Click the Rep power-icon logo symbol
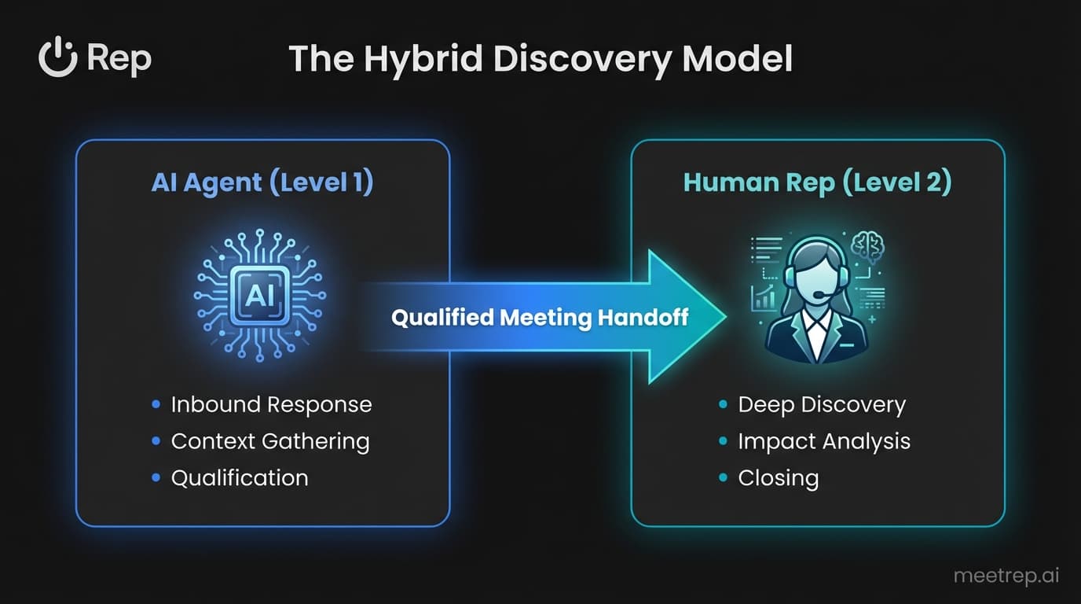tap(57, 59)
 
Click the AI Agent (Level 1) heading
tap(262, 182)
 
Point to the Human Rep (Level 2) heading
tap(817, 182)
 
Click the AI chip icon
tap(260, 295)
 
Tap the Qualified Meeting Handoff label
tap(539, 317)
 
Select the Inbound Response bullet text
tap(271, 404)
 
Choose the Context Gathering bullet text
tap(269, 441)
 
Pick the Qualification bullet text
tap(240, 477)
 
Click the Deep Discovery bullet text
tap(822, 404)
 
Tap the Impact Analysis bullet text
tap(824, 441)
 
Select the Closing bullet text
tap(778, 477)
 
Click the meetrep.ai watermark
tap(1006, 576)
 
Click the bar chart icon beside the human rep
tap(762, 297)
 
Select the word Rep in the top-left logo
tap(119, 59)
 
